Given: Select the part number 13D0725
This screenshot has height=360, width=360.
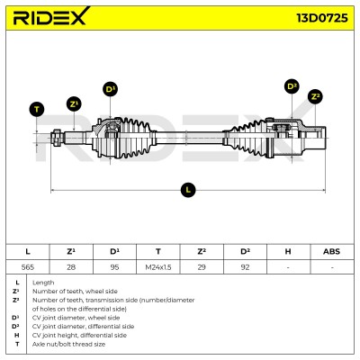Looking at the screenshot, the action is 322,18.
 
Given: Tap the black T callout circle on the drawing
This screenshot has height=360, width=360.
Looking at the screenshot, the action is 37,109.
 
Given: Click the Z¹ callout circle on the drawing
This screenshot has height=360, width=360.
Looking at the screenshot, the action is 74,104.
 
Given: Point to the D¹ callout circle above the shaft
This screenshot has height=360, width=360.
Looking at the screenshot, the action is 111,89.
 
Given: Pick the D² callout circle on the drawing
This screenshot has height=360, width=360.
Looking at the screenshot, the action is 292,86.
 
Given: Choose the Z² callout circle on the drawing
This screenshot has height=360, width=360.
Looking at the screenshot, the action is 315,96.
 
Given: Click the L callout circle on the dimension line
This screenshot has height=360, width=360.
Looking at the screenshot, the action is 188,190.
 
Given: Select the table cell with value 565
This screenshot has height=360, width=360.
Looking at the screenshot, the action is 28,267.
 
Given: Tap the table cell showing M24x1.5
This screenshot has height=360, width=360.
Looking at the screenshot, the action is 158,267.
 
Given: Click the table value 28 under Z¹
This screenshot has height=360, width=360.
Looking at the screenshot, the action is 71,267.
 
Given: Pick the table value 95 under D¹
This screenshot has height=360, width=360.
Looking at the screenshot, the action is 114,267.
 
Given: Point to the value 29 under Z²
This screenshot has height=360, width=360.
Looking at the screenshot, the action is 202,267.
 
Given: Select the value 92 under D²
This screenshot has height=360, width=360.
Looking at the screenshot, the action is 245,267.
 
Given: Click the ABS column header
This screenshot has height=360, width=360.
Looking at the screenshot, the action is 332,251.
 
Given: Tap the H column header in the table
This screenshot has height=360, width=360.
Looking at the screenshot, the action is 288,251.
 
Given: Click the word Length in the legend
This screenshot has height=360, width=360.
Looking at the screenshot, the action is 43,283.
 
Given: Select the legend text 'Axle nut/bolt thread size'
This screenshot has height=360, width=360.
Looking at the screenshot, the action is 68,344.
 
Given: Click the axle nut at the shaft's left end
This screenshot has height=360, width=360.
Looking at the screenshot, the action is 56,138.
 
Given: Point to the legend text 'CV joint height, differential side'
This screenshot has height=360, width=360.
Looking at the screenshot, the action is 79,335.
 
